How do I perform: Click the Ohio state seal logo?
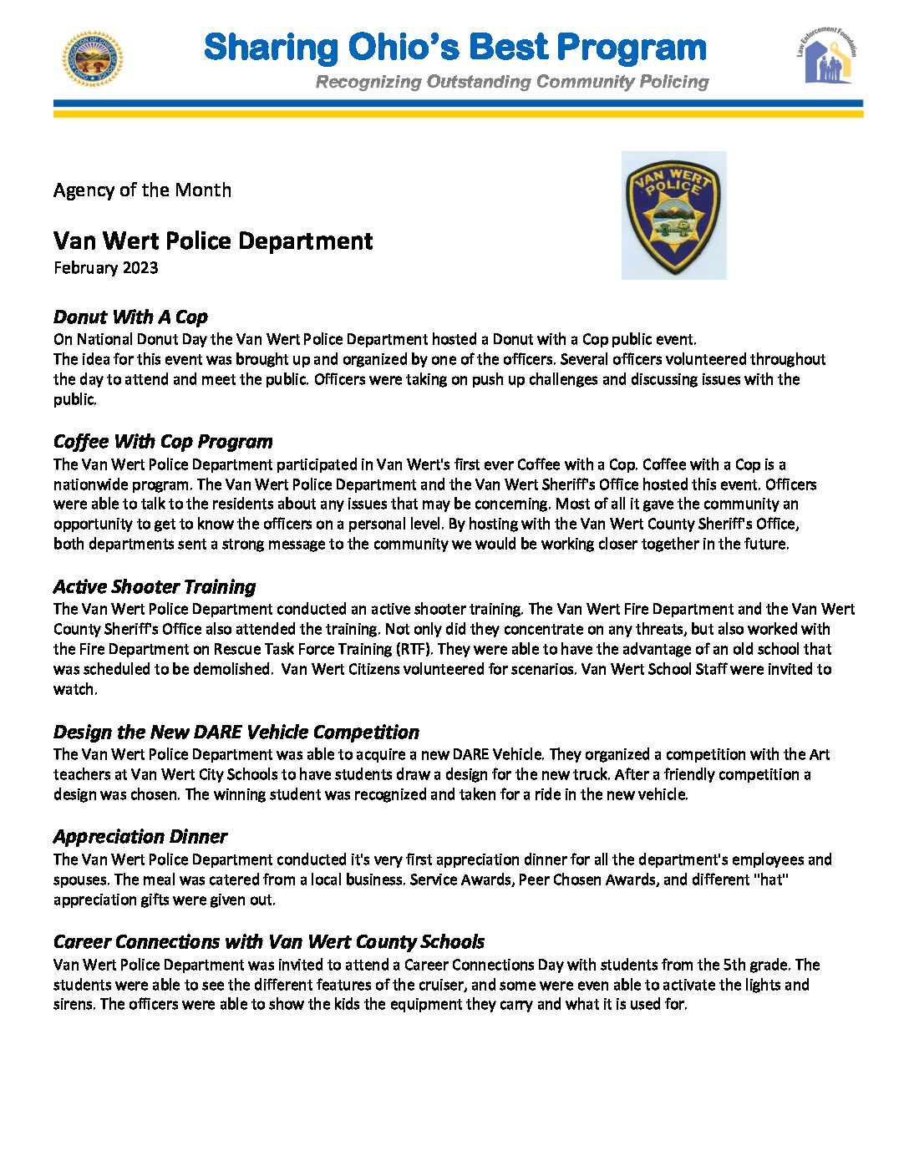[93, 59]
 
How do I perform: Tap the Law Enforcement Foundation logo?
[826, 56]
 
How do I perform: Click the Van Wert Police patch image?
[673, 215]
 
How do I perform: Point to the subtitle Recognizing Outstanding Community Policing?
[512, 82]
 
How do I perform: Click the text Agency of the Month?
[142, 190]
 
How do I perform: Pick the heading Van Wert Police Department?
[213, 241]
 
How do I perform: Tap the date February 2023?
[106, 268]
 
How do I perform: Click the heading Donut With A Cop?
[130, 317]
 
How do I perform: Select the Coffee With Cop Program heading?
[163, 442]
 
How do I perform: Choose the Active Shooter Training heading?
[155, 587]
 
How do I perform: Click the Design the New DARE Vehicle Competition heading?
[236, 732]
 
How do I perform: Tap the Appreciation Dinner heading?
[140, 837]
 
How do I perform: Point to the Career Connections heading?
[268, 942]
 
